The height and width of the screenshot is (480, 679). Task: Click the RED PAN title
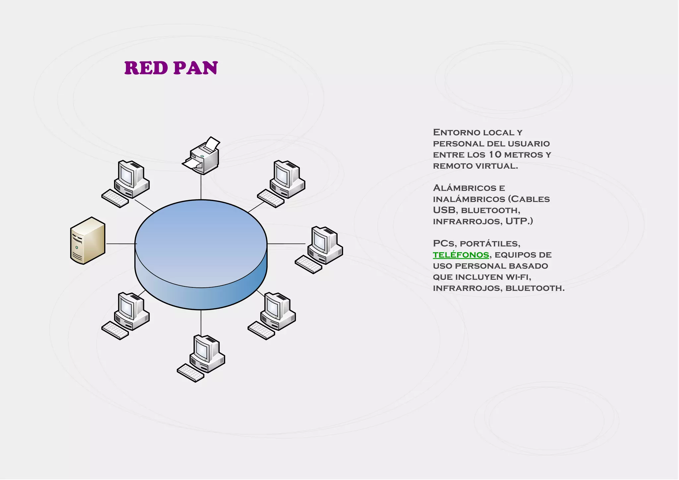(171, 68)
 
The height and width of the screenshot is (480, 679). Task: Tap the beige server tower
(88, 241)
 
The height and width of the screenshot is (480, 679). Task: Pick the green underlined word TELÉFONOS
(461, 255)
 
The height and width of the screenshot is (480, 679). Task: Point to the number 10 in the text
(495, 155)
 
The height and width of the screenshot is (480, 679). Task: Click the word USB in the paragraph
(444, 210)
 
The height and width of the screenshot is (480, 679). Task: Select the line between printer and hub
(201, 187)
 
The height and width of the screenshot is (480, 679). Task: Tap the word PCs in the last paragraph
(444, 244)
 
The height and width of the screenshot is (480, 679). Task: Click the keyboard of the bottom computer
(190, 373)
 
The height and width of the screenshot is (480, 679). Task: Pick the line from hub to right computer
(286, 244)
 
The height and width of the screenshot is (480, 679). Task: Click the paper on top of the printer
(212, 143)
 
